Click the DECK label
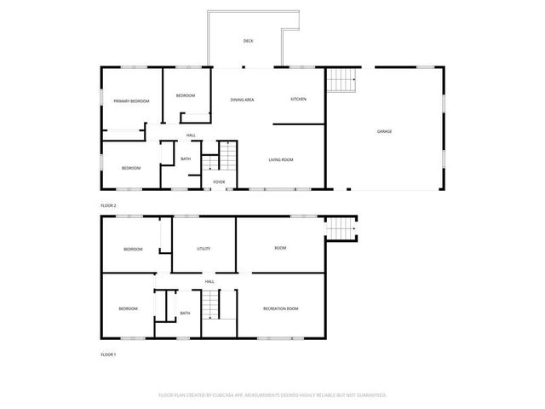[248, 41]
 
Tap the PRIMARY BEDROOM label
[131, 101]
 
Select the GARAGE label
[385, 131]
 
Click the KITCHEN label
[298, 100]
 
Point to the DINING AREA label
[243, 100]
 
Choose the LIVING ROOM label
[281, 159]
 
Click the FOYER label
[219, 181]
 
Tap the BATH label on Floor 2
[185, 158]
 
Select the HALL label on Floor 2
[191, 135]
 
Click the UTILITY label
[204, 249]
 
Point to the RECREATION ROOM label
[280, 308]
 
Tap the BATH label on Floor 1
[185, 314]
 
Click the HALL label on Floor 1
[209, 281]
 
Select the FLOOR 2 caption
[108, 206]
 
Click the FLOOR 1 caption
[108, 354]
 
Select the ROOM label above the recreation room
[280, 249]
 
